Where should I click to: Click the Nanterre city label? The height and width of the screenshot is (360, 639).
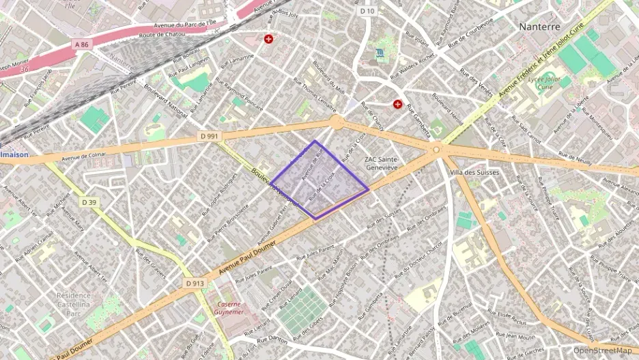click(x=539, y=27)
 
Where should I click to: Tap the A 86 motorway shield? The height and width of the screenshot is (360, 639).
click(x=82, y=44)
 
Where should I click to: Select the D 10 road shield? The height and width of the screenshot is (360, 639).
click(x=367, y=11)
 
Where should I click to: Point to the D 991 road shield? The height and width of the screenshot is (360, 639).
click(x=210, y=136)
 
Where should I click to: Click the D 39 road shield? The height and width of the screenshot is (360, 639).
click(x=89, y=202)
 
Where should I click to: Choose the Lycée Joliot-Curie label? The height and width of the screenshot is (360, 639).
click(x=544, y=83)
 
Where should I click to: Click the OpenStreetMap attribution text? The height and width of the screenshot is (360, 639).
click(x=603, y=351)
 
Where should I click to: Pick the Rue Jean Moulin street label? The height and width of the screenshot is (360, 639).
click(x=516, y=336)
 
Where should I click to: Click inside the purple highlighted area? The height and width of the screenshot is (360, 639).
click(x=319, y=181)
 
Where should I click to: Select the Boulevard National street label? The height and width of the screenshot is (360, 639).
click(x=166, y=100)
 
